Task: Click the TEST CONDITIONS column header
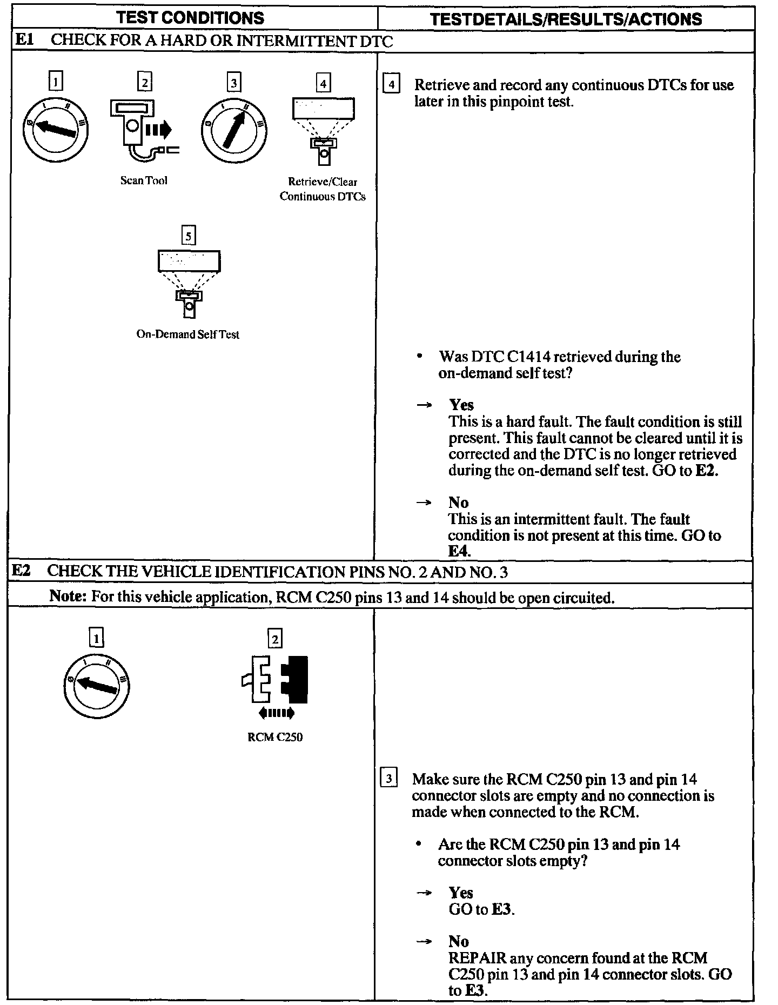tap(191, 18)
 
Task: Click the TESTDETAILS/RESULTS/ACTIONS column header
tap(566, 19)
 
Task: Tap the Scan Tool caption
tap(144, 180)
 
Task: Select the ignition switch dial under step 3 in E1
tap(234, 130)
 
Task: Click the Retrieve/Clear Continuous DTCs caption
tap(323, 189)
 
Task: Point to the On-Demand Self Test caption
tap(187, 334)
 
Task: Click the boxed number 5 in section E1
tap(188, 236)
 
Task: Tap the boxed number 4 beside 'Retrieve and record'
tap(391, 85)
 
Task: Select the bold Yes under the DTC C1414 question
tap(461, 405)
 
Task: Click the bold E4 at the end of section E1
tap(459, 551)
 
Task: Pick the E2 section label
tap(22, 571)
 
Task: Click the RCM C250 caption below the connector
tap(275, 737)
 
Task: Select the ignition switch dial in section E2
tap(97, 687)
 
